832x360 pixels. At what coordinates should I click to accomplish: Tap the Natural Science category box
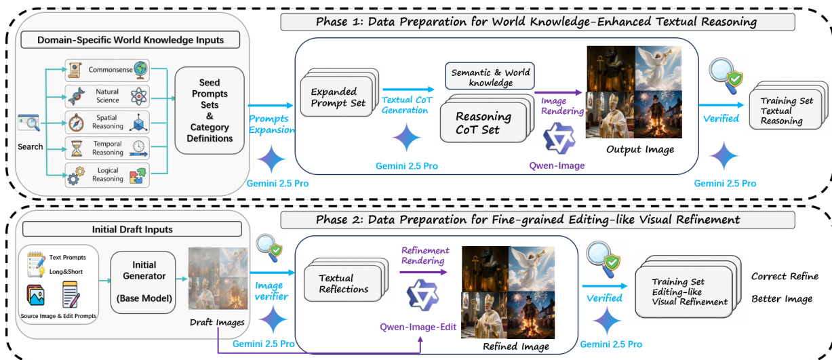pyautogui.click(x=107, y=96)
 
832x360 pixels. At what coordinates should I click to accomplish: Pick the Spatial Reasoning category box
pyautogui.click(x=107, y=123)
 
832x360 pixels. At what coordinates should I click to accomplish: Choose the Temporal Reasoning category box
pyautogui.click(x=107, y=148)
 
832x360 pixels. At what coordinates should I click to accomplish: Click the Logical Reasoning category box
pyautogui.click(x=107, y=174)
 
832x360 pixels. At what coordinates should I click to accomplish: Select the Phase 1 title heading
pyautogui.click(x=536, y=22)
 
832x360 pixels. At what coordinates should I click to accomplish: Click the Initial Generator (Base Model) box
pyautogui.click(x=144, y=277)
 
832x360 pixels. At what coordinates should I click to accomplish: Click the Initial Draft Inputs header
pyautogui.click(x=132, y=229)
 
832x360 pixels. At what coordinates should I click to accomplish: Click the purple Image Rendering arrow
pyautogui.click(x=558, y=93)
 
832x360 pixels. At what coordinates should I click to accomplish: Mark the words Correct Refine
pyautogui.click(x=785, y=277)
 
